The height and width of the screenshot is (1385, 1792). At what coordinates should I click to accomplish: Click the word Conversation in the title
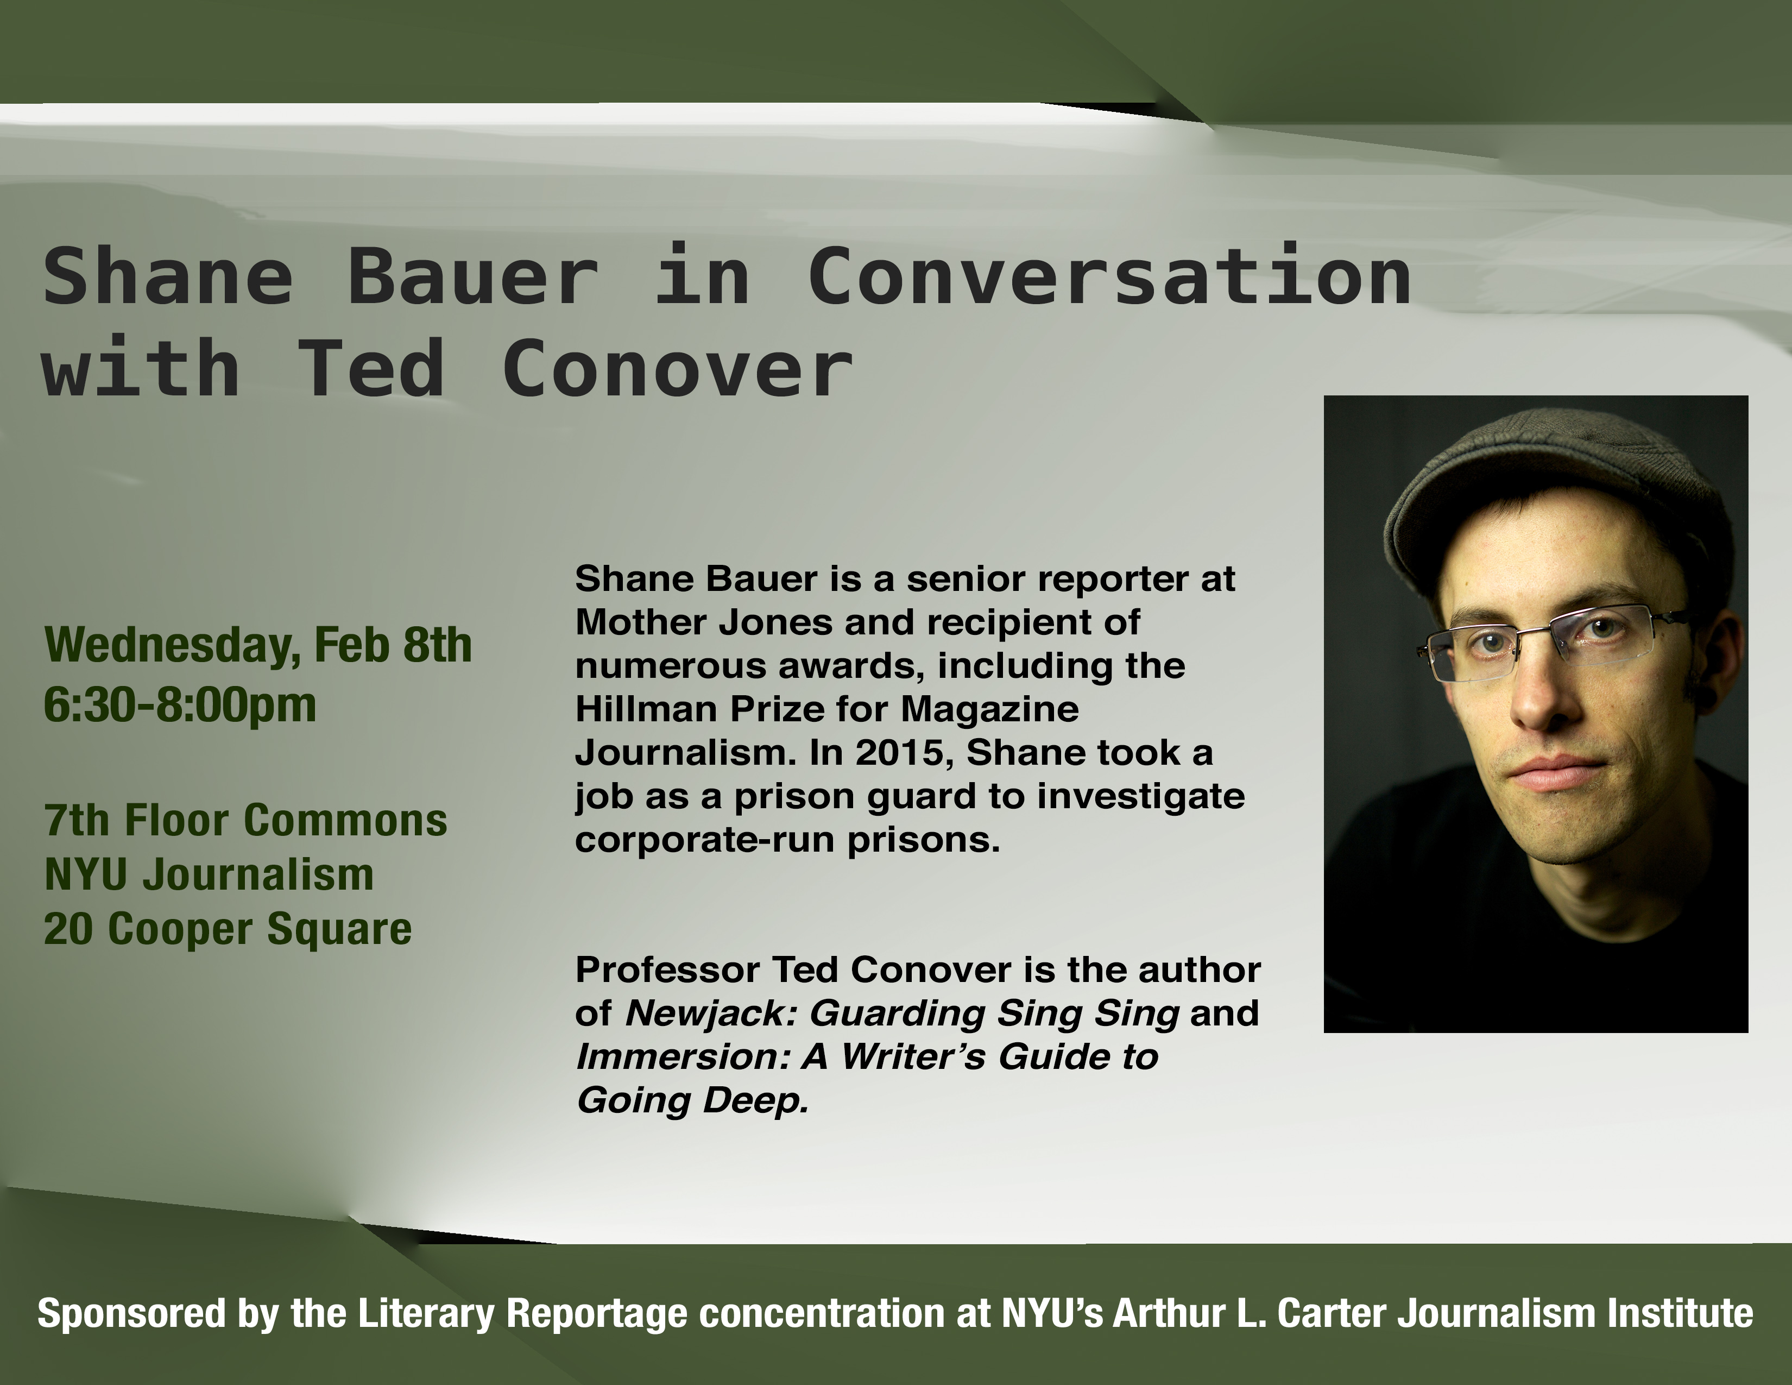click(x=1109, y=276)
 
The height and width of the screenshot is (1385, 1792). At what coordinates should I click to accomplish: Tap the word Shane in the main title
click(x=168, y=276)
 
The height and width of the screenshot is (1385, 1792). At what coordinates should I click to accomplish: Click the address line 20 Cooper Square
click(x=228, y=930)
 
